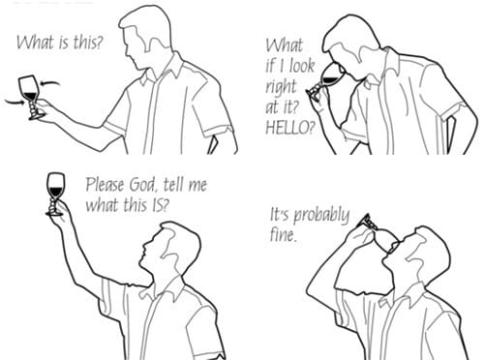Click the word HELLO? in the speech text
click(x=289, y=128)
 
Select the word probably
click(x=321, y=216)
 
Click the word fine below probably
click(x=283, y=235)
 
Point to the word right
click(x=281, y=86)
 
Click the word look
click(x=302, y=66)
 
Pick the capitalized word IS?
click(x=160, y=205)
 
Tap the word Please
click(x=105, y=185)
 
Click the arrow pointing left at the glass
click(x=50, y=84)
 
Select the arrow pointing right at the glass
click(x=15, y=103)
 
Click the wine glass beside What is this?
click(x=30, y=97)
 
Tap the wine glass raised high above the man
click(x=55, y=195)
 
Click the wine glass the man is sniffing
click(x=323, y=79)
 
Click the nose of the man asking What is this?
click(x=126, y=50)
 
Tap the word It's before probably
click(x=280, y=215)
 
